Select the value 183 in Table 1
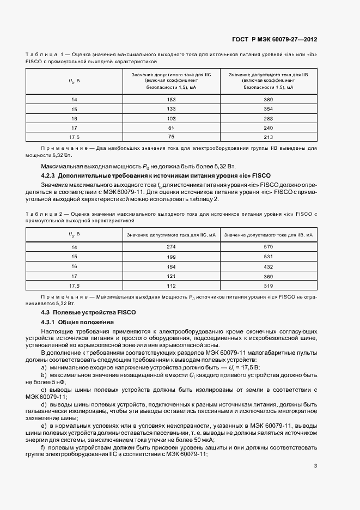[x=171, y=100]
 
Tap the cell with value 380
[x=268, y=100]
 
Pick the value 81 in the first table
[x=171, y=127]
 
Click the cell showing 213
[x=268, y=136]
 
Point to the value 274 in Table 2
[x=171, y=247]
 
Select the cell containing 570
[x=268, y=247]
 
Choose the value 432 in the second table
[x=268, y=266]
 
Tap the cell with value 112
[x=171, y=286]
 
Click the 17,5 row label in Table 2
[x=74, y=286]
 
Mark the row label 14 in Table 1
[x=74, y=100]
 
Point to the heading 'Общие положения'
[x=87, y=323]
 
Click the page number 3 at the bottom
[x=315, y=465]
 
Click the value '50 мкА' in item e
[x=203, y=439]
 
